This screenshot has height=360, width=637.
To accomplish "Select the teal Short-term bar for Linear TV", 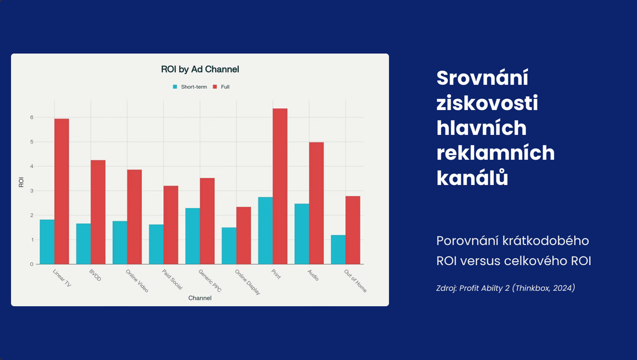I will click(47, 242).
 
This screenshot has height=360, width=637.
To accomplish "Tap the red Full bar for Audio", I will click(316, 203).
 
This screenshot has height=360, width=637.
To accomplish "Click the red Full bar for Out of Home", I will click(353, 230).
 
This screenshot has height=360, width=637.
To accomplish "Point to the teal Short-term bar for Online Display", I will click(229, 246).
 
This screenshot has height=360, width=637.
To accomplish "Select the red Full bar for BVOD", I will click(98, 212).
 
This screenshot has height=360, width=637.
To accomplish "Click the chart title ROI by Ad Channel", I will click(200, 69).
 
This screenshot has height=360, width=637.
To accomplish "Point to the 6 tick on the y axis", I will click(32, 117).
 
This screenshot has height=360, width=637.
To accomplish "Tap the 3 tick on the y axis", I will click(32, 191).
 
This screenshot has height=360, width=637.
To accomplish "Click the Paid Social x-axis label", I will click(172, 279).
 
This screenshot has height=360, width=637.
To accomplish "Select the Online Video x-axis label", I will click(137, 281).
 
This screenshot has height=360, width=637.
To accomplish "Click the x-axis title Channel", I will click(200, 298).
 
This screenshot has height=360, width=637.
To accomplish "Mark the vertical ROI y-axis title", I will click(21, 182).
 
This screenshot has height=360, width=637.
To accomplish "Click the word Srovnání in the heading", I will click(482, 78).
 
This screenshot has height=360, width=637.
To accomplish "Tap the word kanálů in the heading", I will click(472, 178).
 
